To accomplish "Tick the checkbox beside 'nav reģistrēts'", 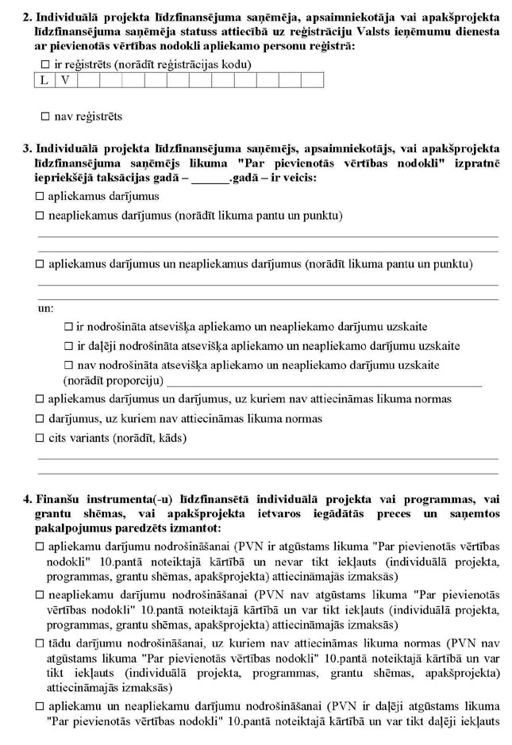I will (45, 117).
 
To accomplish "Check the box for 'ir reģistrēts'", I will (45, 64).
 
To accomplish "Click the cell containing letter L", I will (44, 80).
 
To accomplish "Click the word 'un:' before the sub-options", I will (46, 308).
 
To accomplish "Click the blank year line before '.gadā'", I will (210, 178).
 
